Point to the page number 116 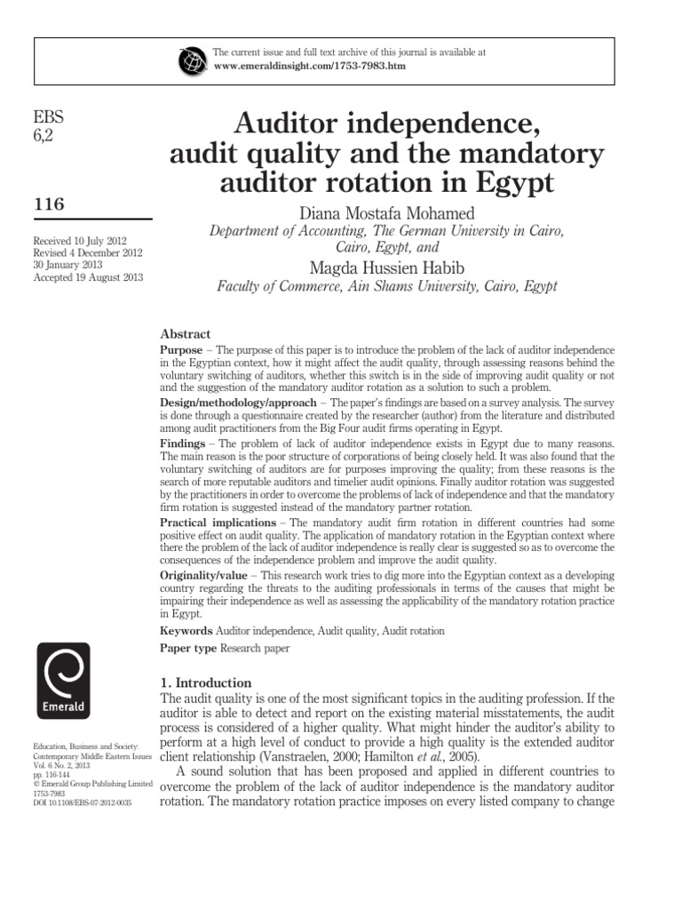[49, 204]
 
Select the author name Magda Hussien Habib [387, 267]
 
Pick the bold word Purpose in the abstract [182, 351]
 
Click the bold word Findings [183, 443]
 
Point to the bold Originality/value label [203, 576]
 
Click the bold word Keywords [186, 630]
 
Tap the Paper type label [187, 649]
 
